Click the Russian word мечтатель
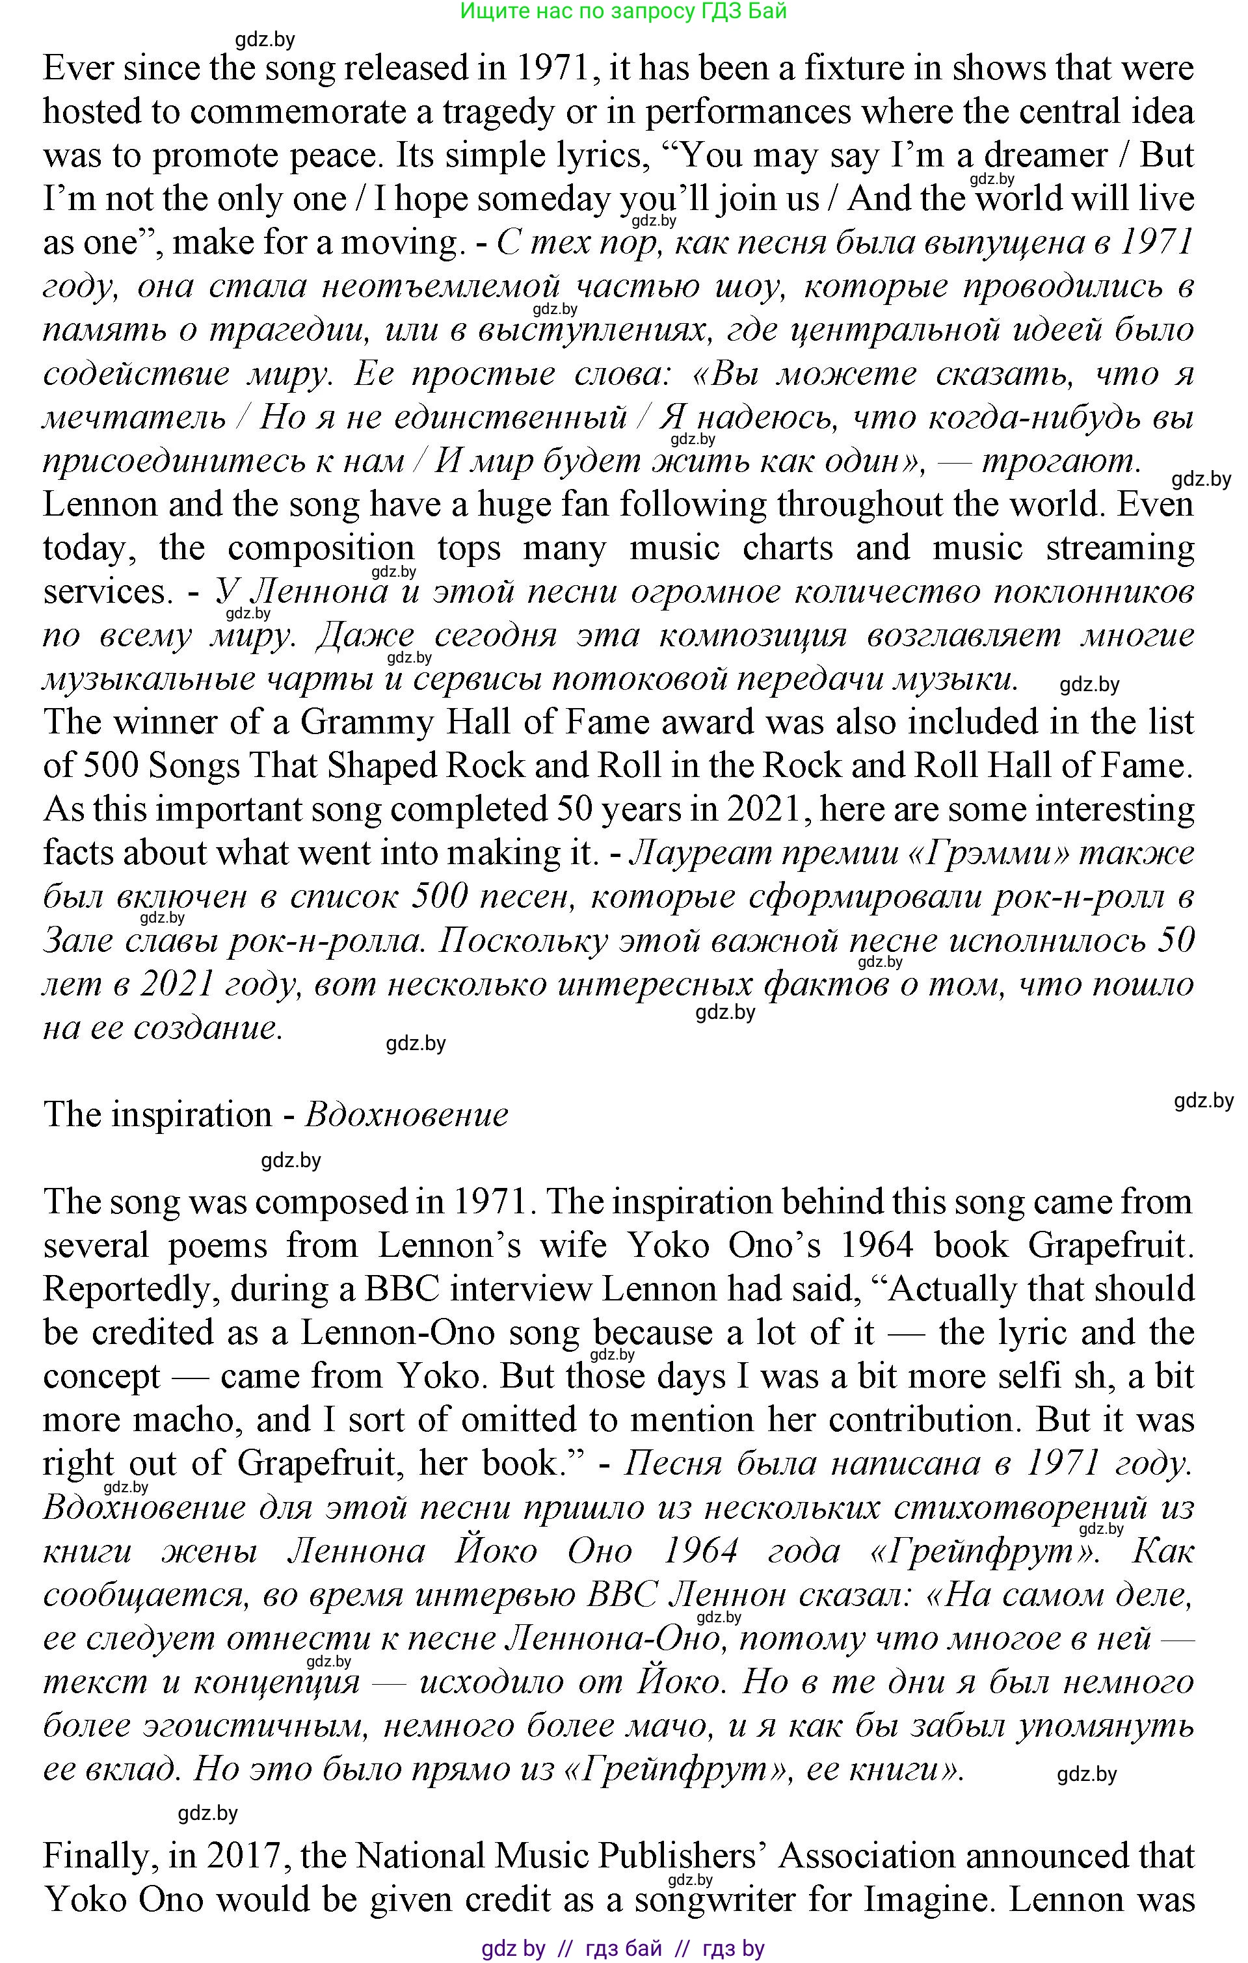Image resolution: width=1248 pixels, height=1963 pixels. click(x=135, y=417)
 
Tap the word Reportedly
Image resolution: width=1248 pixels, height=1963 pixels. click(x=131, y=1289)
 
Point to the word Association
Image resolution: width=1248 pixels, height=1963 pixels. click(x=868, y=1856)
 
